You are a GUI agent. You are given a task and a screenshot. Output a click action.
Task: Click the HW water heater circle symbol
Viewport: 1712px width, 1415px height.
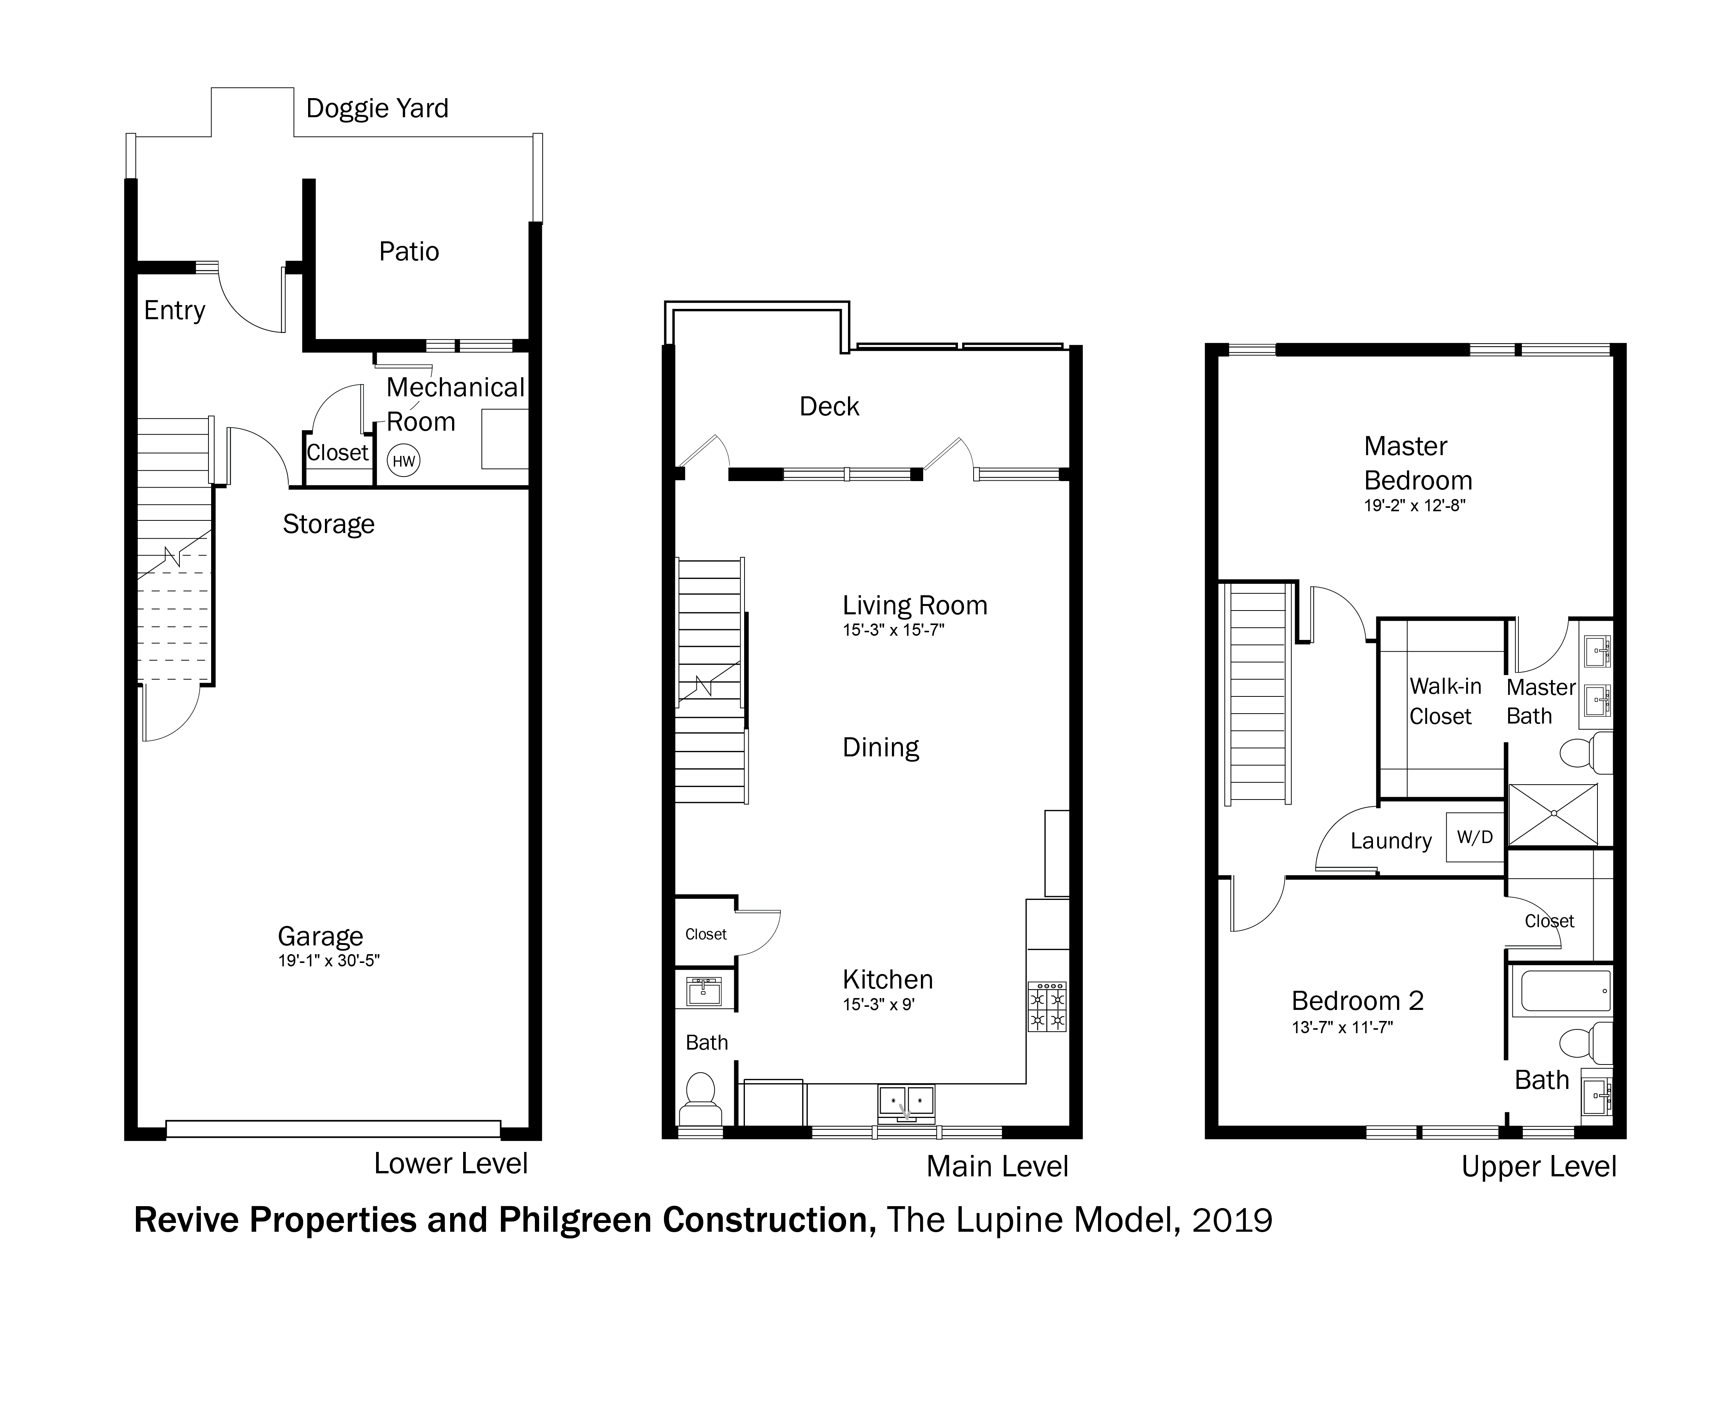click(x=403, y=460)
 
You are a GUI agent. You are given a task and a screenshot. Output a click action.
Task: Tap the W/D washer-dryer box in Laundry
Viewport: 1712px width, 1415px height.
click(x=1474, y=837)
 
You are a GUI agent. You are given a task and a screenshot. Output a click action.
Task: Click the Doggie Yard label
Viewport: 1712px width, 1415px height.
click(x=377, y=108)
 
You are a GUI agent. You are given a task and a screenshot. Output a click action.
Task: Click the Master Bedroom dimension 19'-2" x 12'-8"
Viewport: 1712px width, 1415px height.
click(x=1415, y=506)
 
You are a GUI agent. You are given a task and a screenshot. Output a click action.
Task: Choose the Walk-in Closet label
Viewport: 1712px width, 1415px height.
click(x=1446, y=701)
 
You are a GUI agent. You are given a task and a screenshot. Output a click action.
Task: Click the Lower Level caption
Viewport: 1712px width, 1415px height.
click(x=451, y=1163)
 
